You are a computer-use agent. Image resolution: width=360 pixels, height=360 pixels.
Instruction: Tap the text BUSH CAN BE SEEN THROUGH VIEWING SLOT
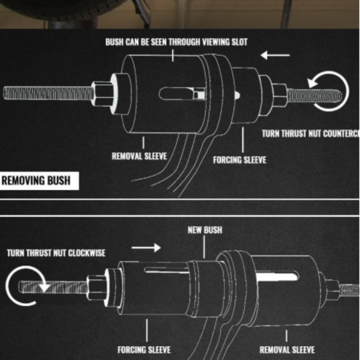(x=176, y=42)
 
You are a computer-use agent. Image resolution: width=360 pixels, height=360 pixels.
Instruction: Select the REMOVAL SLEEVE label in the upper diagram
(x=139, y=156)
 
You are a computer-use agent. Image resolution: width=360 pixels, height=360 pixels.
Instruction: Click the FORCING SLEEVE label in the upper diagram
(x=239, y=160)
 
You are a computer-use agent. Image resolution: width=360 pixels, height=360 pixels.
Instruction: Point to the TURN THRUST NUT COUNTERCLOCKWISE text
(x=310, y=134)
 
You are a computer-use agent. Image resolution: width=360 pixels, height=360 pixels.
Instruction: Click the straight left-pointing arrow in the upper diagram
(x=275, y=55)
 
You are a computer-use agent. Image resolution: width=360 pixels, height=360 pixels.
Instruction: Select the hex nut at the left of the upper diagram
(x=103, y=94)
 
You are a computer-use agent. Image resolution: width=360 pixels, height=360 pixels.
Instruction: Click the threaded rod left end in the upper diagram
(x=9, y=93)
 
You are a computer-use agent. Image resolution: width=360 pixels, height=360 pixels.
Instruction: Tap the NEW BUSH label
(x=205, y=230)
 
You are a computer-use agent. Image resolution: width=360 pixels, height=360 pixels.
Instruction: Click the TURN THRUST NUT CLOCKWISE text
(x=56, y=252)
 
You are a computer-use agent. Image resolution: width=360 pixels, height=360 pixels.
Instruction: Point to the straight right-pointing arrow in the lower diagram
(x=147, y=247)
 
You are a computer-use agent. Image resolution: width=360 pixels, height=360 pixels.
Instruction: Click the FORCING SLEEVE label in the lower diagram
(x=144, y=349)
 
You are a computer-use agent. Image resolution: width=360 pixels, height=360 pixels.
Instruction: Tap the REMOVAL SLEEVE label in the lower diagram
(x=287, y=350)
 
